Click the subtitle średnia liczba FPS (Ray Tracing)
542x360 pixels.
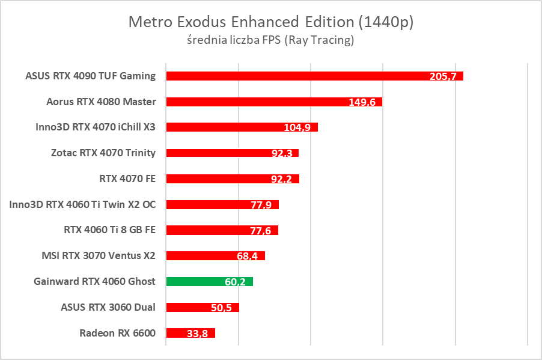pyautogui.click(x=271, y=40)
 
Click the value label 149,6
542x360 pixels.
pyautogui.click(x=362, y=102)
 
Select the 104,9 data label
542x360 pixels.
pyautogui.click(x=297, y=128)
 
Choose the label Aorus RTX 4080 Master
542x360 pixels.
pyautogui.click(x=101, y=102)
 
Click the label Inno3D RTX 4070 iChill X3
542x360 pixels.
pyautogui.click(x=96, y=127)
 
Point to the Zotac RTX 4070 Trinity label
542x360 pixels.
pyautogui.click(x=103, y=153)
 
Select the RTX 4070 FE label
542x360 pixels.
pyautogui.click(x=127, y=178)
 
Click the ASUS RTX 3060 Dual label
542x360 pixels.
pyautogui.click(x=108, y=307)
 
